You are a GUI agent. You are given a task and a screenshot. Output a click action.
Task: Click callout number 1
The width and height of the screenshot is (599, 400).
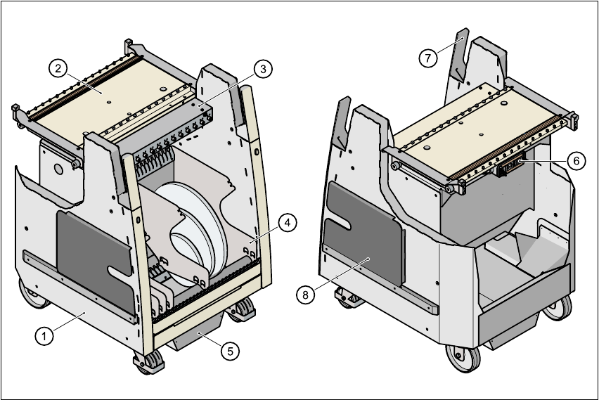click(44, 336)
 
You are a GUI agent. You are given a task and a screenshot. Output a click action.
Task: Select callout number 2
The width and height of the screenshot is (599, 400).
click(58, 67)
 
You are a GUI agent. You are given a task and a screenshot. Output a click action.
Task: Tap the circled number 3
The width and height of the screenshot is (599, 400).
click(262, 69)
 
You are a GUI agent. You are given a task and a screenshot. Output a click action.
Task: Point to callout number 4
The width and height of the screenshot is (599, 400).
click(286, 223)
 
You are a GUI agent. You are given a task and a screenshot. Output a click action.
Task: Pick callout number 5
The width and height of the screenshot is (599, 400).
click(229, 351)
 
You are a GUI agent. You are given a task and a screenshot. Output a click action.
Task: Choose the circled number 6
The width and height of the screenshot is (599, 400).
click(576, 161)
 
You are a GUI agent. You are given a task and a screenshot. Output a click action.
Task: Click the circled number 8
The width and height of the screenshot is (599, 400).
click(305, 295)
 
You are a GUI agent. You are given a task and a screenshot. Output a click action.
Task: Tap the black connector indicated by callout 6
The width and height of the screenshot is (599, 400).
click(511, 167)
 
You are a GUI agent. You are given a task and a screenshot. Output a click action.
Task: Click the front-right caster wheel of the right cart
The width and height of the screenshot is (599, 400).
click(560, 307)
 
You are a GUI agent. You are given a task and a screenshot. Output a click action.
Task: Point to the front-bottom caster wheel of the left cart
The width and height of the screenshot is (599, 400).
click(150, 362)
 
